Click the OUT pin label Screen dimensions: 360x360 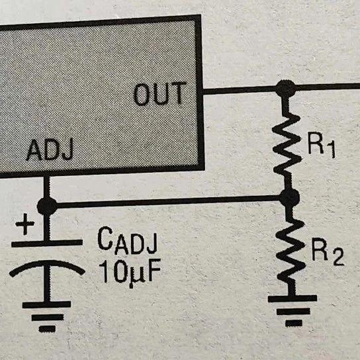click(x=159, y=94)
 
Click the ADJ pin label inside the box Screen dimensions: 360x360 click(x=50, y=150)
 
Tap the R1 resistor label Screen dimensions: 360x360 click(x=322, y=147)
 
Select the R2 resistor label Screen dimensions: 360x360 click(x=328, y=253)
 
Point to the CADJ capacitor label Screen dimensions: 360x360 click(x=128, y=240)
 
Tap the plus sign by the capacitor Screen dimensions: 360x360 click(x=25, y=224)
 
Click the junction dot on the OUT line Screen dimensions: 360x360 click(x=285, y=89)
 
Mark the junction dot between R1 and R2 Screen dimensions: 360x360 click(x=290, y=197)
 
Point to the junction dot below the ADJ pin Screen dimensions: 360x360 click(x=47, y=206)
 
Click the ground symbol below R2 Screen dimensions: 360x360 click(x=292, y=310)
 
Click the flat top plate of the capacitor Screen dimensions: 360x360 click(x=47, y=243)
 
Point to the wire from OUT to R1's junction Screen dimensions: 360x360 click(x=240, y=90)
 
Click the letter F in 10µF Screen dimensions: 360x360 click(x=154, y=271)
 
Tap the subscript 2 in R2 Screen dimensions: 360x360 click(x=338, y=257)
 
